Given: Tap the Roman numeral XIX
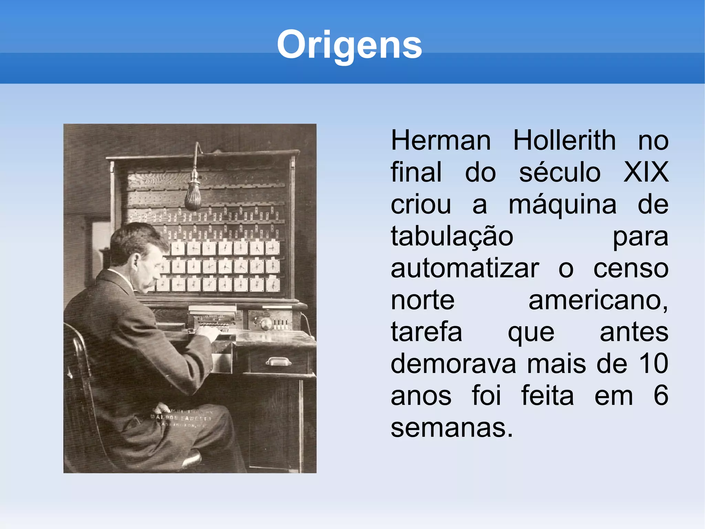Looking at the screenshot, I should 646,172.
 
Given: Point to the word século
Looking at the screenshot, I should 560,172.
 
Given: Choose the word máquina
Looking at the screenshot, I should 562,205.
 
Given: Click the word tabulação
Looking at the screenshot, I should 452,237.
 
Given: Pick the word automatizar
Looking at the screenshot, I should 465,269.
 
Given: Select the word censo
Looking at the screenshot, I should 631,269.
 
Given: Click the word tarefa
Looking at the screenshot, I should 426,332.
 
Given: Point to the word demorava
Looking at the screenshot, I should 453,364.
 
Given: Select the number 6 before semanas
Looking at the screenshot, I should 661,396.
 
